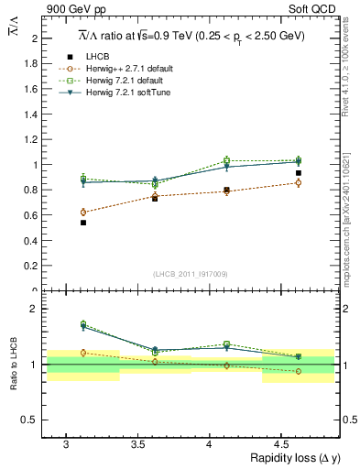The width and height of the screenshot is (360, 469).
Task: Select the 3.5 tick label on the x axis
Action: click(137, 443)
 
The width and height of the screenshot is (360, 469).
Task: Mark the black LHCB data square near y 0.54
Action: click(83, 223)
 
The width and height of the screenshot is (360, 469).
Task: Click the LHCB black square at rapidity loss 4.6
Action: click(298, 173)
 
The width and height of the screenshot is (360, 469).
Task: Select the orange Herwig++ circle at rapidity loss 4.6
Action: click(298, 183)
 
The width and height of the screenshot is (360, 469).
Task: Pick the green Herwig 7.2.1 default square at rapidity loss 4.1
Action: click(226, 160)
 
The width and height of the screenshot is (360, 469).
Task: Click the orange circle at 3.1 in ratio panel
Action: click(83, 353)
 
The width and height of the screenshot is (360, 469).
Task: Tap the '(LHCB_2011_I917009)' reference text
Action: click(191, 274)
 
